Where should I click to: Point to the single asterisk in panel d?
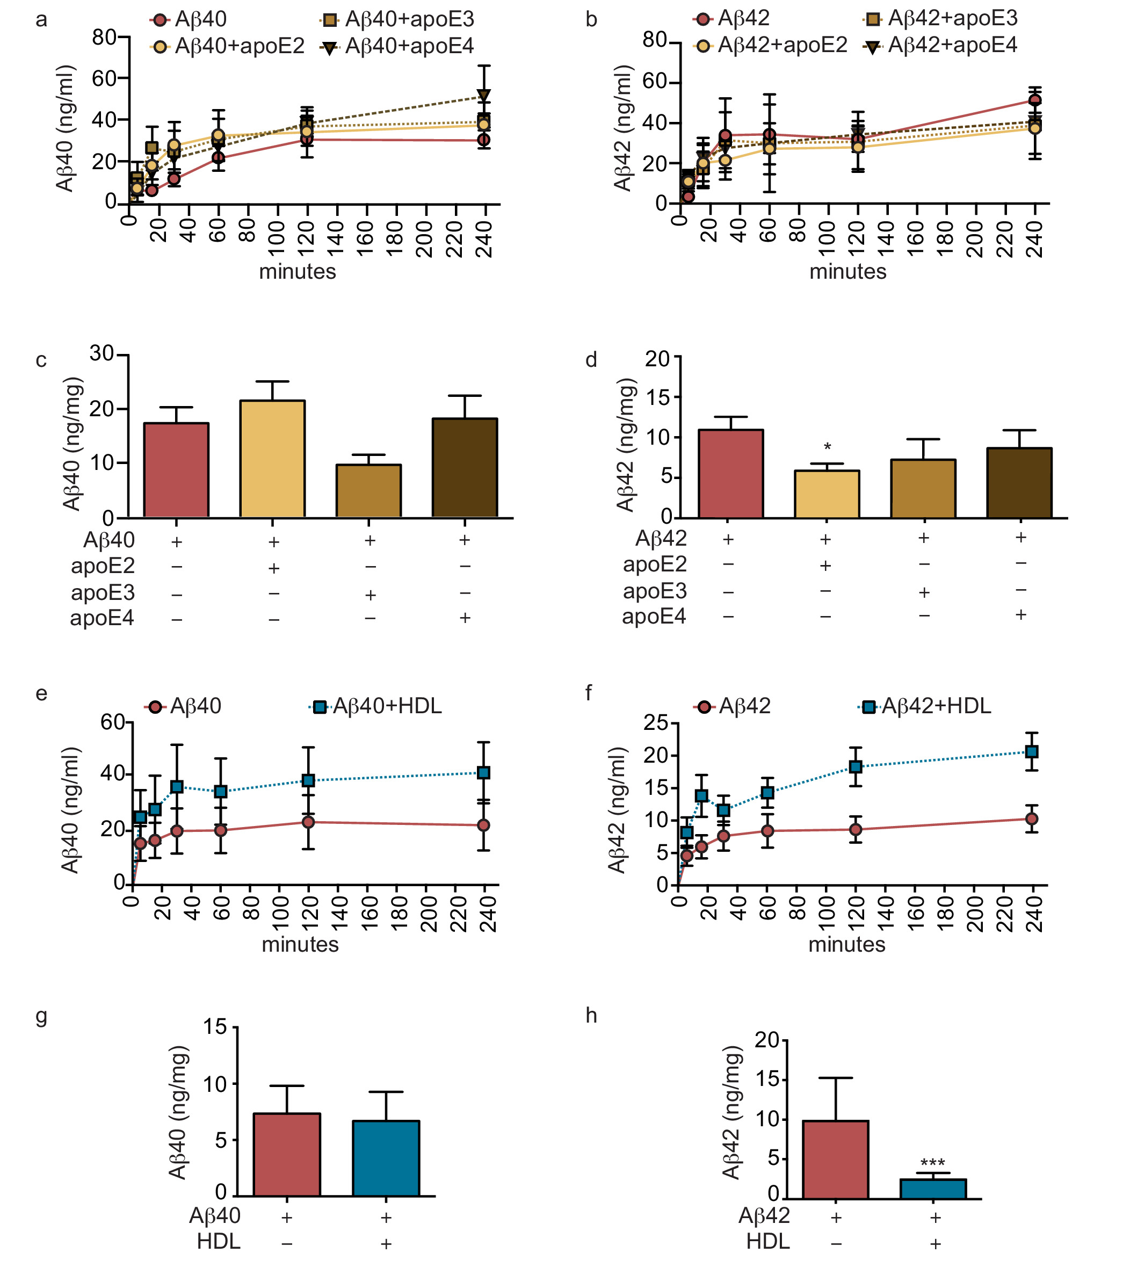coord(827,447)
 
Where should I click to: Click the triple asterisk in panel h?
coord(932,1163)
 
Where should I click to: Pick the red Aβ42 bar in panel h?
coord(835,1160)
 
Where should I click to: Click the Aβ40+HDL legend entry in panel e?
coord(376,706)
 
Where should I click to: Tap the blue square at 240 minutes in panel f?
coord(1032,751)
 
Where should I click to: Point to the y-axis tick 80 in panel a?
coord(104,38)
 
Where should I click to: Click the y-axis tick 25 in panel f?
coord(656,722)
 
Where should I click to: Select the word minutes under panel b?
coord(847,271)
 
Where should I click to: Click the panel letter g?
coord(41,1016)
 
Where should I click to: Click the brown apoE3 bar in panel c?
coord(368,491)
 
